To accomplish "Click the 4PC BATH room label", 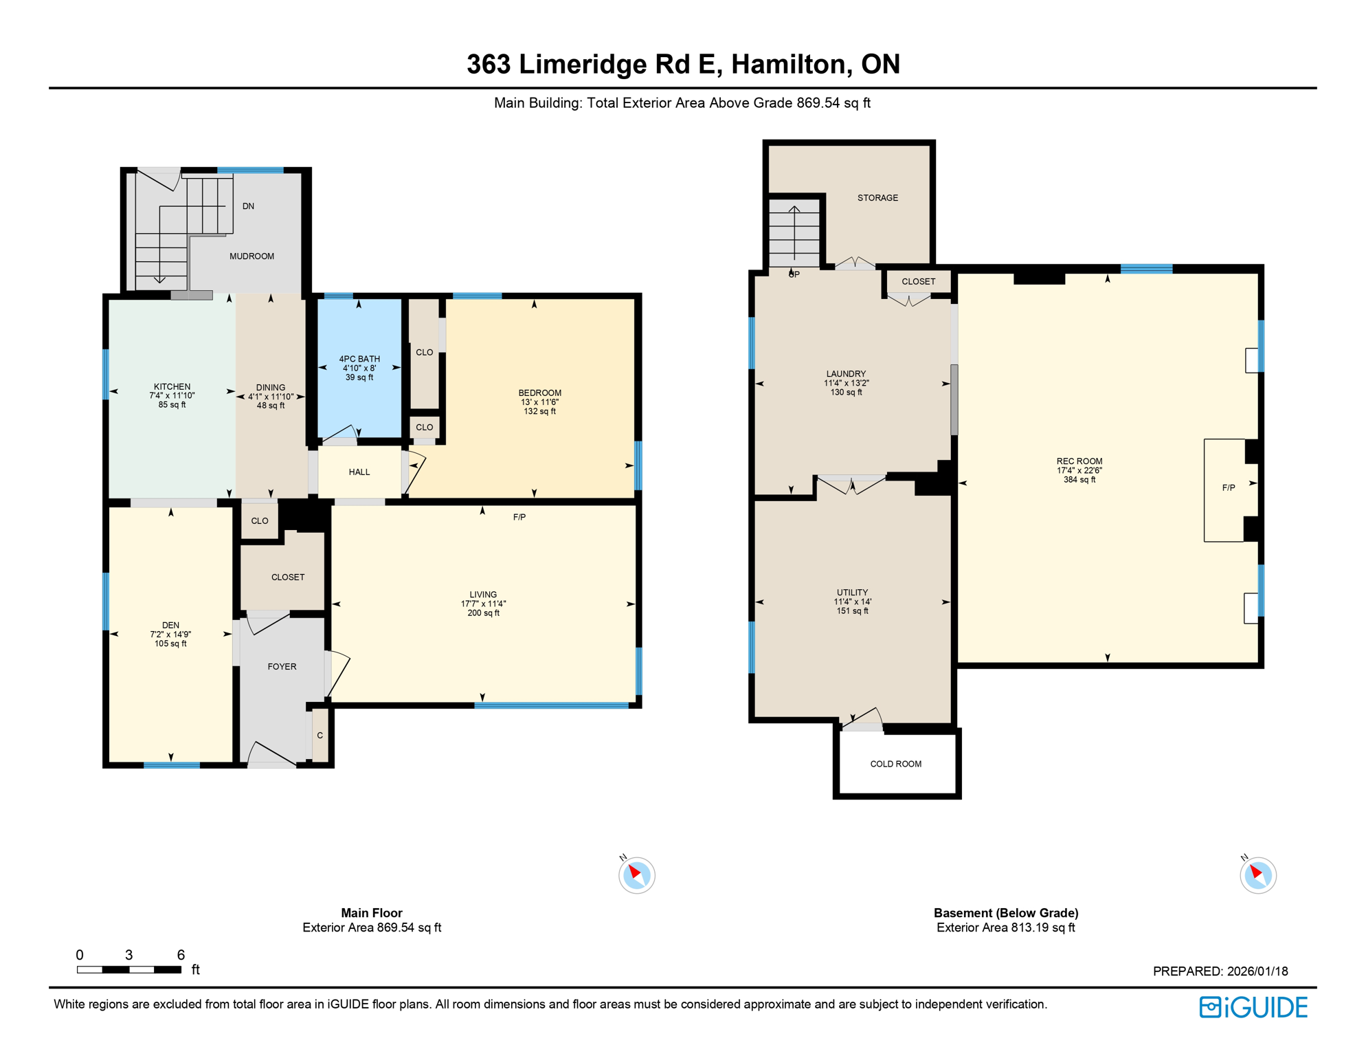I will [359, 359].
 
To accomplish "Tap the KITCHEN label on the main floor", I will [172, 386].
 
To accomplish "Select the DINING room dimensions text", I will [271, 397].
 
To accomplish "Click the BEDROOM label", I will [539, 393].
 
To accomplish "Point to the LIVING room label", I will [483, 594].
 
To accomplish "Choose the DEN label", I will [170, 625].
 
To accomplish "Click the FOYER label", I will [282, 666].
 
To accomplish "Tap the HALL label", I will [359, 472].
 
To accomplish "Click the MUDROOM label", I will [251, 256].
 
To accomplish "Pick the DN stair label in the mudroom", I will [248, 206].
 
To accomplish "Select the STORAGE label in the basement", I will [877, 197].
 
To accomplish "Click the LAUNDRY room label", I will [846, 373].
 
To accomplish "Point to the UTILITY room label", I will [852, 592].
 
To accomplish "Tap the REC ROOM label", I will [1079, 461].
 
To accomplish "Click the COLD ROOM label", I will [895, 763].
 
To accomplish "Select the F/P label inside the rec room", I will [1228, 487].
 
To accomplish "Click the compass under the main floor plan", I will [636, 875].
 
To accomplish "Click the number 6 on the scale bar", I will [181, 954].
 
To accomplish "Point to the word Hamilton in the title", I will [790, 64].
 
